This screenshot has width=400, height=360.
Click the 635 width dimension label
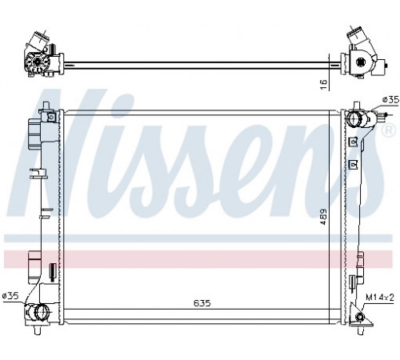pyautogui.click(x=202, y=303)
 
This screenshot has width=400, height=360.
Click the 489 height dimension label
pyautogui.click(x=323, y=217)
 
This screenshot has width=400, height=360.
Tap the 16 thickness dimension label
pyautogui.click(x=323, y=85)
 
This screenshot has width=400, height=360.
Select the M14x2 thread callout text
pyautogui.click(x=380, y=298)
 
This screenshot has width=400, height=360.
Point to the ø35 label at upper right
pyautogui.click(x=390, y=100)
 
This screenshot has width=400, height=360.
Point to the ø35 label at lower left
pyautogui.click(x=10, y=295)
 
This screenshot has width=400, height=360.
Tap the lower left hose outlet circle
pyautogui.click(x=42, y=312)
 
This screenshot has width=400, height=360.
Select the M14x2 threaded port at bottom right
pyautogui.click(x=361, y=317)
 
